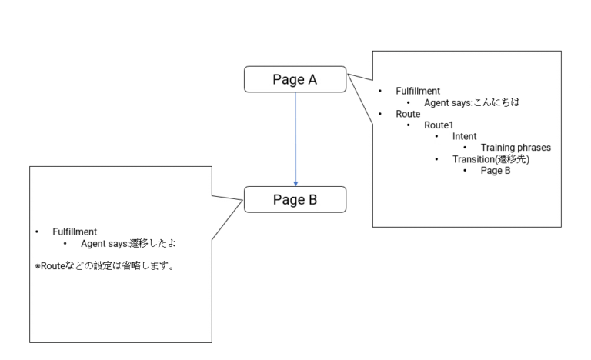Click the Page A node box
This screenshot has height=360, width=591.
(x=295, y=79)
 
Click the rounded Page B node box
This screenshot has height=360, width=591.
(x=295, y=200)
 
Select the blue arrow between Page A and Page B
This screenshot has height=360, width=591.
(x=295, y=138)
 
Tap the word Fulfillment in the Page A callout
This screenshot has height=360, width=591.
(x=418, y=91)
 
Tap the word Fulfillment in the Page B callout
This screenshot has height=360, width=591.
(x=75, y=232)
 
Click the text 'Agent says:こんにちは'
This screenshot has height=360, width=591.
(x=472, y=102)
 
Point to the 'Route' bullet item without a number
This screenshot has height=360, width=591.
(x=408, y=114)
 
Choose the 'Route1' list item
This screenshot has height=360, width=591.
(x=439, y=125)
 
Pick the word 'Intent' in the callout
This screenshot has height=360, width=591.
(x=464, y=137)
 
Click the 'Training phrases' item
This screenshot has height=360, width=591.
(x=516, y=148)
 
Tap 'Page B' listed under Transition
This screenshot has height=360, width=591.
(x=496, y=171)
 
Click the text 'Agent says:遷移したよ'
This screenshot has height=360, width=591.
(x=135, y=243)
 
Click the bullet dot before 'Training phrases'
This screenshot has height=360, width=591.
(x=466, y=148)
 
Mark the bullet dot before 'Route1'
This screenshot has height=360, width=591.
(x=409, y=125)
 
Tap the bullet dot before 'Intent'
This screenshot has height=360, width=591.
(x=437, y=137)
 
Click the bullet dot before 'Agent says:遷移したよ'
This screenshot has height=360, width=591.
(x=65, y=243)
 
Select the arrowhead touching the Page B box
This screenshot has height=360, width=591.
(x=295, y=183)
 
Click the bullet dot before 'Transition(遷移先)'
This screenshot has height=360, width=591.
(x=437, y=159)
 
